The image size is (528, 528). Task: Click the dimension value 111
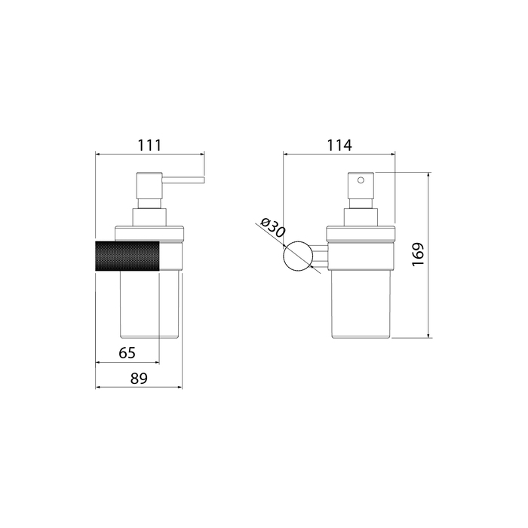point(149,145)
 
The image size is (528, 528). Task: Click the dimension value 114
point(339,145)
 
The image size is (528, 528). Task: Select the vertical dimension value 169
point(418,254)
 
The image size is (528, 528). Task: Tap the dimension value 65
point(127,353)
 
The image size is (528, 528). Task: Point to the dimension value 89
point(139,379)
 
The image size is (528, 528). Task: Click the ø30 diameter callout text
point(273,227)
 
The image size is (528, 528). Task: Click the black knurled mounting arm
point(127,256)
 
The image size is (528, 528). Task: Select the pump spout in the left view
point(183,180)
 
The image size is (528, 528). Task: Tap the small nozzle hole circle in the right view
point(361,180)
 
